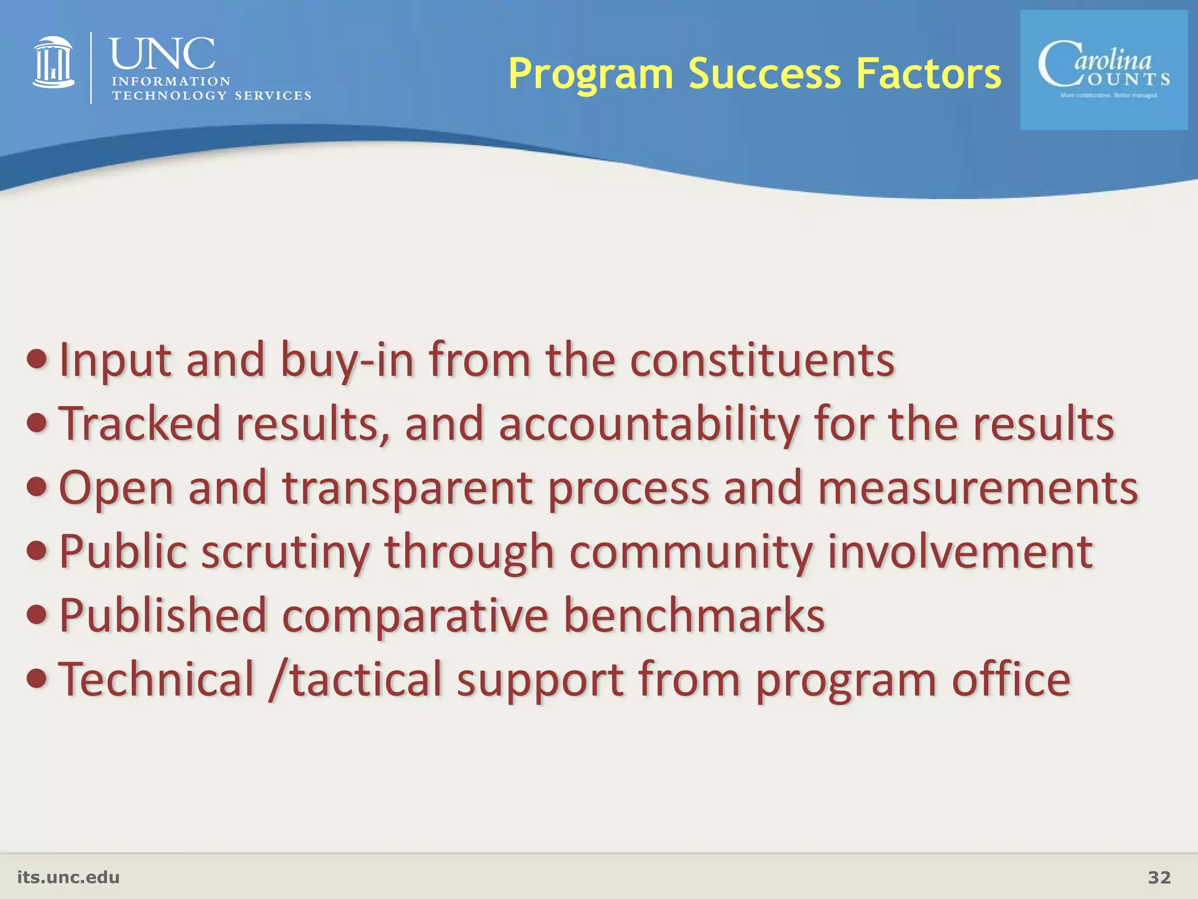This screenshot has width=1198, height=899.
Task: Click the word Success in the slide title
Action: (765, 74)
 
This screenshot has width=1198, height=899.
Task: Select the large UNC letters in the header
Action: (162, 54)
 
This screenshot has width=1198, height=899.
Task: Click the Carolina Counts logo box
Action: (1103, 70)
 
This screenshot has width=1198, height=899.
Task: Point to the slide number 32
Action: (1159, 877)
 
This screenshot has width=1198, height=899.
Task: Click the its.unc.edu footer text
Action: (68, 877)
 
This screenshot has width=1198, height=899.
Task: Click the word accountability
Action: (649, 424)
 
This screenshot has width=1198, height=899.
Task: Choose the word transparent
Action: (407, 488)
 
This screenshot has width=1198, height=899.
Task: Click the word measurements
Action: (977, 487)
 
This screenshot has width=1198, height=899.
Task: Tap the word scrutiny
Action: (286, 553)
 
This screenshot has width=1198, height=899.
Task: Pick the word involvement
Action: (959, 551)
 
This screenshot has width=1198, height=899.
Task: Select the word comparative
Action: (415, 616)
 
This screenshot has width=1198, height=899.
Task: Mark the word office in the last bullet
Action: (1011, 679)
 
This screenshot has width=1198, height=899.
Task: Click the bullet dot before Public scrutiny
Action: (37, 551)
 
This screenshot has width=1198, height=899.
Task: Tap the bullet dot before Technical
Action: (37, 679)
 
